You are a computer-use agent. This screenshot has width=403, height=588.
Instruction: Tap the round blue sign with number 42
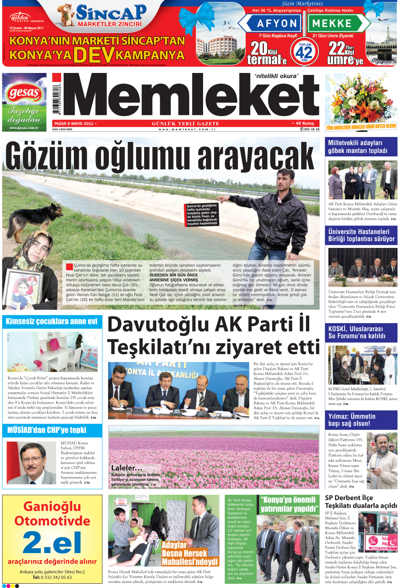tap(304, 52)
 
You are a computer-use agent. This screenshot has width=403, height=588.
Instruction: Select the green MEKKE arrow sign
tap(335, 24)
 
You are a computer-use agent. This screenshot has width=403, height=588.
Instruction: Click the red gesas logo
tap(24, 93)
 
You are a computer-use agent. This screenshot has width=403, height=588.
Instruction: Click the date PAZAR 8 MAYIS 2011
tap(74, 124)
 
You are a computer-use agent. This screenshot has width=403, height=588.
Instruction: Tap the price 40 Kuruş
tap(304, 123)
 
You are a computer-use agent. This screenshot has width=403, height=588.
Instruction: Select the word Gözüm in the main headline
tap(47, 155)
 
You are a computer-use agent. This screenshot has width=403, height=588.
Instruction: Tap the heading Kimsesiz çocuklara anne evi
tap(51, 322)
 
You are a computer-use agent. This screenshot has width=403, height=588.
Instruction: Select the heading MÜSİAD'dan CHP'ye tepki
tap(47, 430)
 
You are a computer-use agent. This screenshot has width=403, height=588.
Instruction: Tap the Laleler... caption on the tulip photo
tap(126, 468)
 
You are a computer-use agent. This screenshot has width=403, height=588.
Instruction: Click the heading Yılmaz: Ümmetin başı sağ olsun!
tap(352, 420)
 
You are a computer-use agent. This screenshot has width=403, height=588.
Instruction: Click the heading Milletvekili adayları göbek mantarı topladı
tap(357, 147)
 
